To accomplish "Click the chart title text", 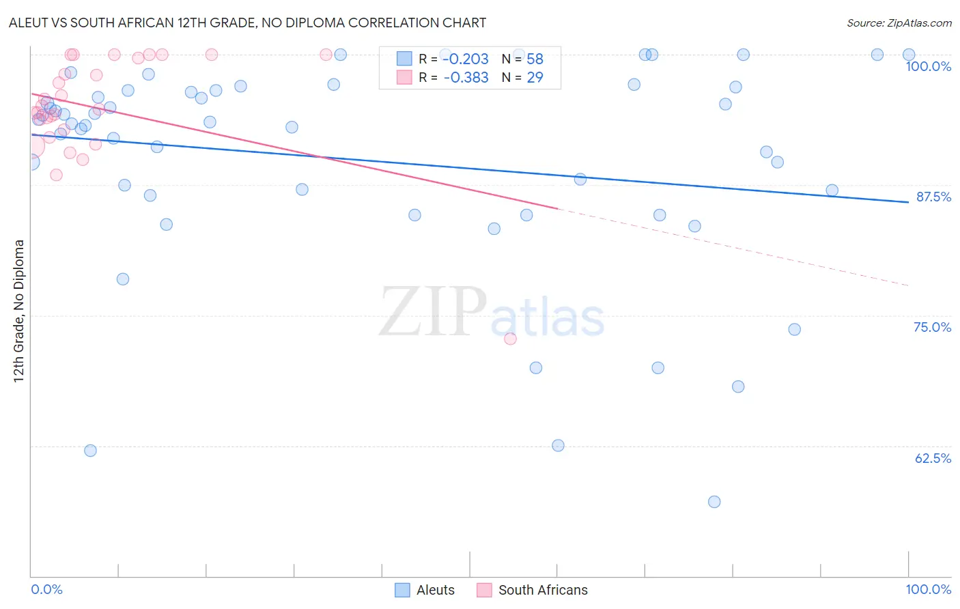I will (x=246, y=23).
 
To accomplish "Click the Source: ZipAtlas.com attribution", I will (x=899, y=23).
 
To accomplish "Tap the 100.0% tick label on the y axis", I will (x=928, y=66).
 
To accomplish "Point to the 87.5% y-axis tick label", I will (x=933, y=197).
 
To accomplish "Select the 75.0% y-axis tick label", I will (x=932, y=327).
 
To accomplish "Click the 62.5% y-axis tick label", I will (x=933, y=458).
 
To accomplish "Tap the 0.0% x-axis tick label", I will (x=47, y=589).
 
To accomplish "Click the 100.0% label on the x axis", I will (x=928, y=589).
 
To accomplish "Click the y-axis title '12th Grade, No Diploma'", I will (x=19, y=311).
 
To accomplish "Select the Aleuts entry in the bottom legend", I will (x=435, y=590).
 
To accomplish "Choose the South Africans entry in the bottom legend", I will (x=542, y=590).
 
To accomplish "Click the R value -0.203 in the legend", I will (x=466, y=59).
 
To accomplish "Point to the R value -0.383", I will (x=466, y=77).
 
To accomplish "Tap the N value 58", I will (x=535, y=59).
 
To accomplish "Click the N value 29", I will (x=535, y=77).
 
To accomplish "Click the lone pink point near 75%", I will (x=510, y=339).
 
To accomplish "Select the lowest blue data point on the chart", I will (x=714, y=502).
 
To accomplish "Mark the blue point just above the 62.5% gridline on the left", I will (x=90, y=451).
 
